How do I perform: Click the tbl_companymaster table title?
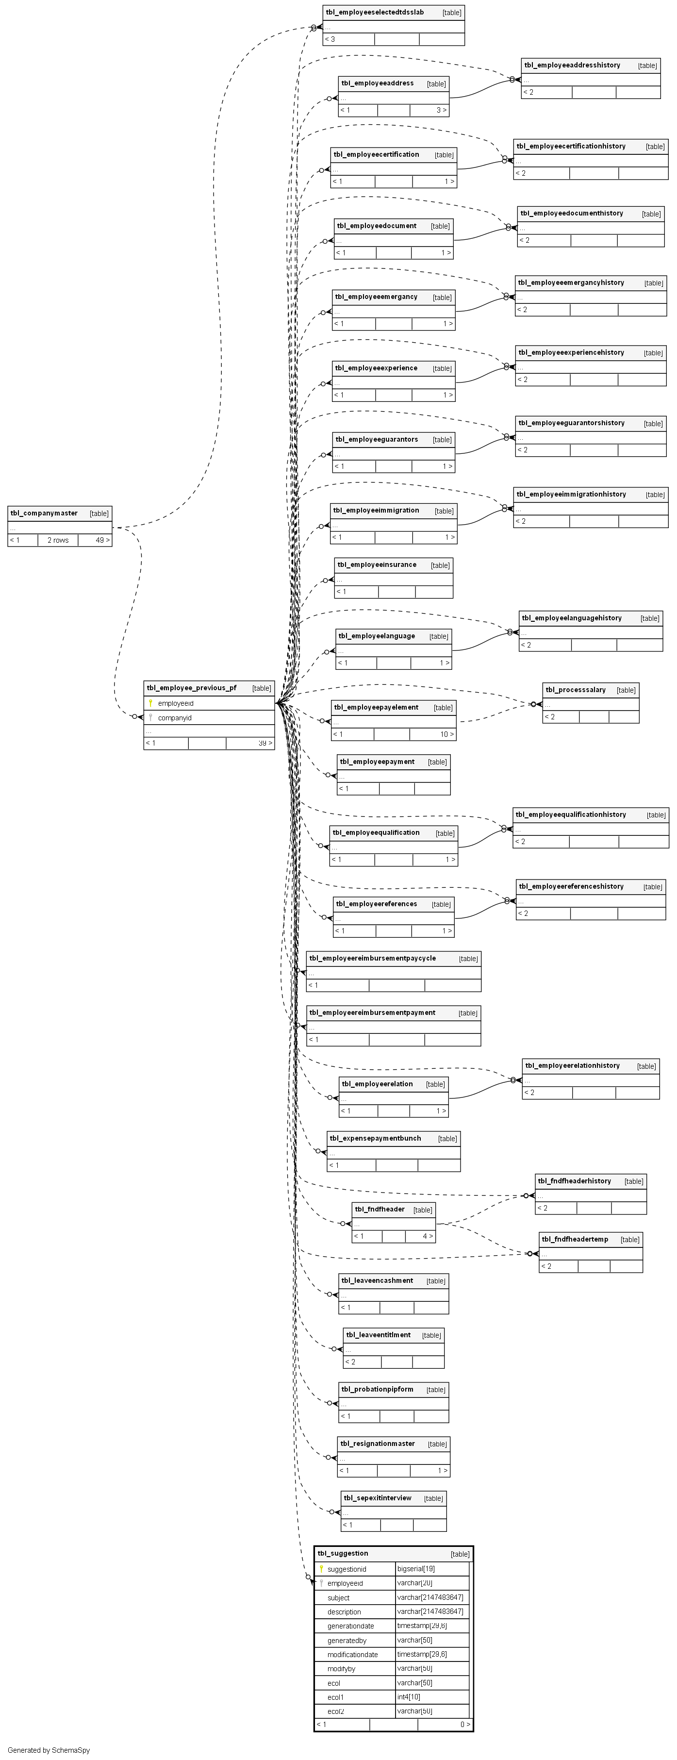click(44, 513)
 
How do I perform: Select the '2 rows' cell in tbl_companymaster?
click(58, 540)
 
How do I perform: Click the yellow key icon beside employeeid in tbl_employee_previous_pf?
click(150, 703)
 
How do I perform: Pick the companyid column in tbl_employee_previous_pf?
click(174, 718)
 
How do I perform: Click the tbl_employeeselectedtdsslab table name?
click(374, 12)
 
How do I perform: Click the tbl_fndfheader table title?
click(380, 1209)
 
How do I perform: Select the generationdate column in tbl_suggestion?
click(350, 1626)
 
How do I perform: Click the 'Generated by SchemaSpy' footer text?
click(49, 1750)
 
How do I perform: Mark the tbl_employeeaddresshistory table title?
click(572, 65)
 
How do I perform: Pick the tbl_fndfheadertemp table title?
click(575, 1239)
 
